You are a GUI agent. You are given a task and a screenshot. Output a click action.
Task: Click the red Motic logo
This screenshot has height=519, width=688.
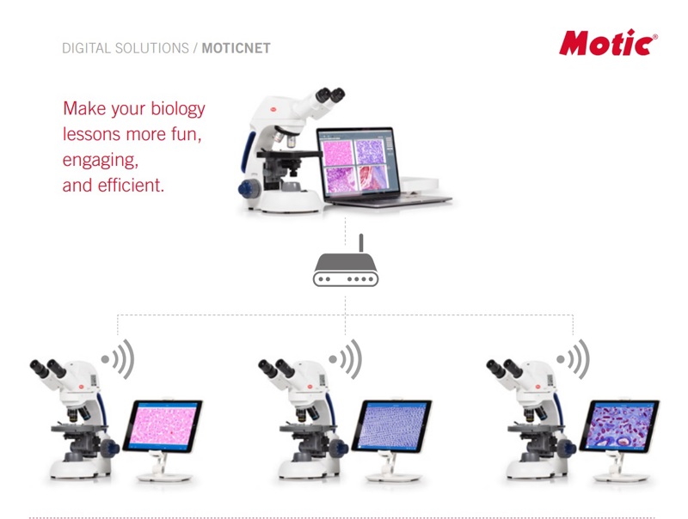tap(608, 43)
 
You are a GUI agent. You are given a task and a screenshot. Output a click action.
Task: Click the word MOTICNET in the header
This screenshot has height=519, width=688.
tap(236, 48)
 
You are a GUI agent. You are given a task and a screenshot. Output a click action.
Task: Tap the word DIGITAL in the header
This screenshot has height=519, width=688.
tap(86, 48)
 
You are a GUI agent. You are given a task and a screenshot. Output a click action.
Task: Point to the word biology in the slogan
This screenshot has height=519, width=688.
tap(178, 109)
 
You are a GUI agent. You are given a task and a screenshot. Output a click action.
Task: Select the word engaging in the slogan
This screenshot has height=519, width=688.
tap(100, 160)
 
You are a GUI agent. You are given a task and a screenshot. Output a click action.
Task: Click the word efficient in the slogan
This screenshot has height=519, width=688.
tap(131, 185)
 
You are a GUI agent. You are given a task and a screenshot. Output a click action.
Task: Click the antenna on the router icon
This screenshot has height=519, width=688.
tap(361, 243)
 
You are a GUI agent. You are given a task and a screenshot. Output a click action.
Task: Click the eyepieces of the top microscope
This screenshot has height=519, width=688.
tap(330, 95)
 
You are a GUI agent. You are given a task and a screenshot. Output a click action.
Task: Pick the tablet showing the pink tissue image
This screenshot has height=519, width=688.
tap(163, 426)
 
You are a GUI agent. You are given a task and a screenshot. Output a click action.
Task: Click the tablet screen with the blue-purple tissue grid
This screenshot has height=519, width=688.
tap(392, 426)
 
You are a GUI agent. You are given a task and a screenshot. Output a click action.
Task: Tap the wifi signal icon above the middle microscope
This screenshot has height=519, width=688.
tap(346, 359)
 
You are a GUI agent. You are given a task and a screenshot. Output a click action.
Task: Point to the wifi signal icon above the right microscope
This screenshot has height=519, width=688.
tap(574, 359)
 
